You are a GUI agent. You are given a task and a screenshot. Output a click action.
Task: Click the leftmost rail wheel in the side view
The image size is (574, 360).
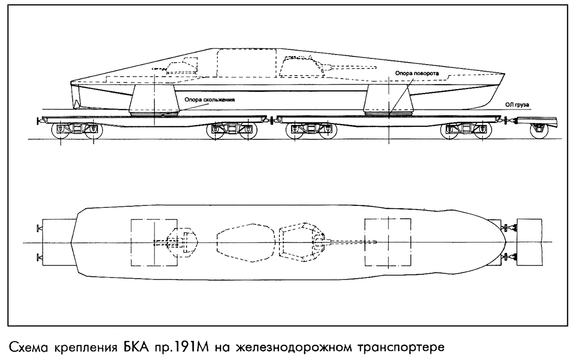61,134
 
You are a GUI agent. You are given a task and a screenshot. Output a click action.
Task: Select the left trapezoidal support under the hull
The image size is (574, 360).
155,100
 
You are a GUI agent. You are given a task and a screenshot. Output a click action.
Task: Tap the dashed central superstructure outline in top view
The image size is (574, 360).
246,242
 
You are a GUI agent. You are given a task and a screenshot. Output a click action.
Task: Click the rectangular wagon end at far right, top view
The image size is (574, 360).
530,242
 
